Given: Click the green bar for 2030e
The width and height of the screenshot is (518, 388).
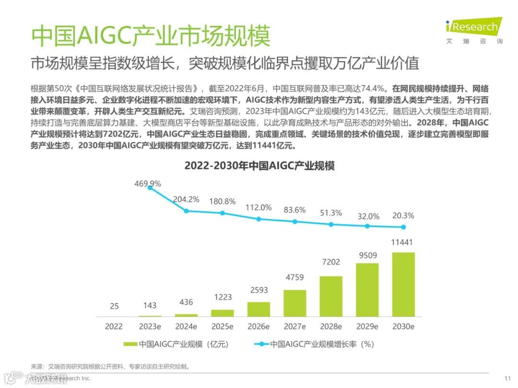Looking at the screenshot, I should click(403, 284).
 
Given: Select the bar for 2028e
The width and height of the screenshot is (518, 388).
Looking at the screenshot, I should click(331, 296).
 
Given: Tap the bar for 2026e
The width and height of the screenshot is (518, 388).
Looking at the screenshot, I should click(259, 309).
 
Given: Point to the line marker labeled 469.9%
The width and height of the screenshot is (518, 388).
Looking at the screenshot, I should click(150, 188).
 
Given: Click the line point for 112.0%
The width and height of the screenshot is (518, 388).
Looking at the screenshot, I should click(259, 219).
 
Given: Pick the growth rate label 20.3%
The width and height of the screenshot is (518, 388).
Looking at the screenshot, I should click(403, 216).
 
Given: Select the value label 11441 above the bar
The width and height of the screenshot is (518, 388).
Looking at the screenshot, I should click(403, 242).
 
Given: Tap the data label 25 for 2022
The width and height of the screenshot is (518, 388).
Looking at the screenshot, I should click(114, 305).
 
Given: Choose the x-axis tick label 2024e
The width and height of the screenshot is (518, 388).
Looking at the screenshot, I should click(186, 327).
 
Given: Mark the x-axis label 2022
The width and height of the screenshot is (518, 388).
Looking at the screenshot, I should click(114, 327).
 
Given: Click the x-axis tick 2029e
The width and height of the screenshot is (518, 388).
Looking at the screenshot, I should click(367, 327).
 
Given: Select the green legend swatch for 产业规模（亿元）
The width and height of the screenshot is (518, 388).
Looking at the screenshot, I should click(130, 344).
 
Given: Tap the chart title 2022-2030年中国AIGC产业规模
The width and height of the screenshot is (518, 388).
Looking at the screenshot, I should click(259, 166).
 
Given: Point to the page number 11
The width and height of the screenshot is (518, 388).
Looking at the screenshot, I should click(507, 378).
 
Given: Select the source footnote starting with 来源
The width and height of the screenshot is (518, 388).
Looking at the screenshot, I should click(110, 366).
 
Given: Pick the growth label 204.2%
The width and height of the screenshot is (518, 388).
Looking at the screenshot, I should click(186, 199).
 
